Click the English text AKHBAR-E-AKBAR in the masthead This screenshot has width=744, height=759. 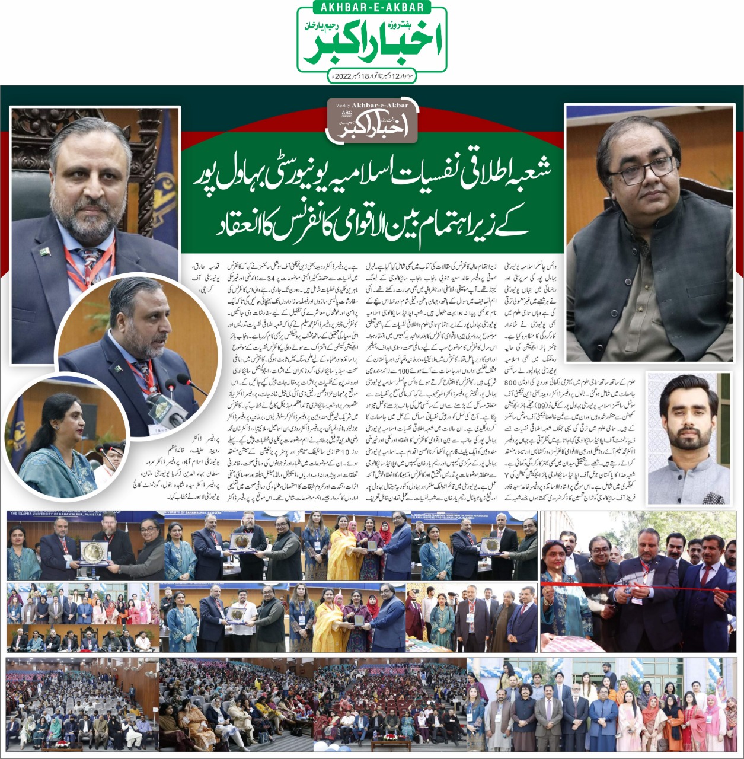[372, 8]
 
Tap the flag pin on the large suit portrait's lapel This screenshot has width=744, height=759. [44, 251]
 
